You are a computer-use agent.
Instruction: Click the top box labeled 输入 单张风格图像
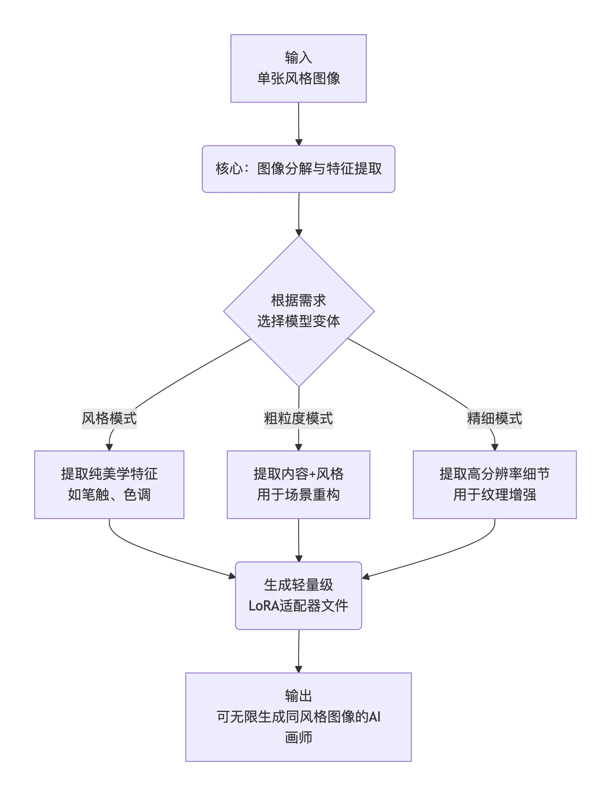298,68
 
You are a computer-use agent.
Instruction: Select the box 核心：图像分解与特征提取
298,169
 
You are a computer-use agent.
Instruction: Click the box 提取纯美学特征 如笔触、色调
109,484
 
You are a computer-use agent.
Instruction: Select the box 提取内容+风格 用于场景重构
298,484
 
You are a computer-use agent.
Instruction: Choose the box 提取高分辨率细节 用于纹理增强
494,484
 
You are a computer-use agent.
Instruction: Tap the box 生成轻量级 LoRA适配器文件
298,596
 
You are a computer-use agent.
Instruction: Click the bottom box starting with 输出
298,716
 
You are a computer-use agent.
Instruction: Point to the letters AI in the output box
375,717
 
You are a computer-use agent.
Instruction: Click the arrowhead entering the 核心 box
298,142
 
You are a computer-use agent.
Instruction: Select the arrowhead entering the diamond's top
298,232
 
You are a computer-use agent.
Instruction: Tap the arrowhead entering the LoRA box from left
232,576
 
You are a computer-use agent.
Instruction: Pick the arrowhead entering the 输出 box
298,669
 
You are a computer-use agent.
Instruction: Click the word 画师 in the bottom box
298,737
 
